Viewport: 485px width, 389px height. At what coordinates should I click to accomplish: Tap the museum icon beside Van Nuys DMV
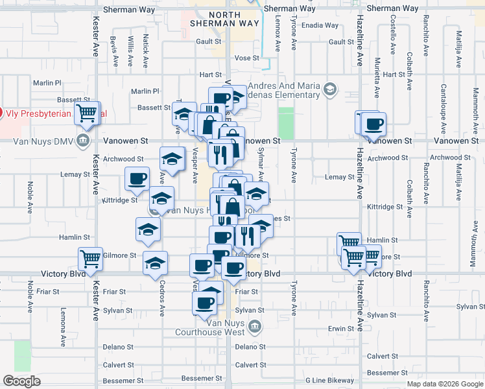point(82,141)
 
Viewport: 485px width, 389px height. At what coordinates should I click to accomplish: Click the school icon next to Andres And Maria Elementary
point(331,89)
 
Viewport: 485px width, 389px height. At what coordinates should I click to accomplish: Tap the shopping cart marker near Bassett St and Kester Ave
point(86,114)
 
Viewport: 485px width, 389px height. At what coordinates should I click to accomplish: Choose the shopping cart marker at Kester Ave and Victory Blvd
point(90,259)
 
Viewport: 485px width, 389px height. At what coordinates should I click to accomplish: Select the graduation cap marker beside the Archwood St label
point(172,158)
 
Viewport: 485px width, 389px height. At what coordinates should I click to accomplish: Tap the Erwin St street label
point(340,329)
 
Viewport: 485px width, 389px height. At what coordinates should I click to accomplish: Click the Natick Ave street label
point(146,51)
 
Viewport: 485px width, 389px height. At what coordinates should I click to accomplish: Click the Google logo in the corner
point(21,381)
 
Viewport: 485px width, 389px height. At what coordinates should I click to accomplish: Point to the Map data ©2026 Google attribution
point(444,384)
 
